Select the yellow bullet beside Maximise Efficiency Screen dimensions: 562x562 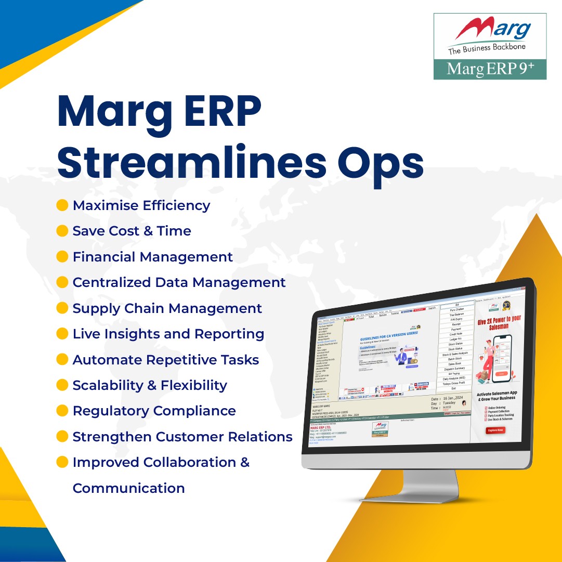click(x=62, y=205)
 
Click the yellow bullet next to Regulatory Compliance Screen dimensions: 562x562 click(x=62, y=411)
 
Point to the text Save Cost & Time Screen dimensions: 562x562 click(x=132, y=231)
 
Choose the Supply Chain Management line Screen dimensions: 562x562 click(x=167, y=308)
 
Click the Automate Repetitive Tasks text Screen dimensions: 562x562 click(x=165, y=360)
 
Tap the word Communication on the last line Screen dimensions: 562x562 click(x=128, y=488)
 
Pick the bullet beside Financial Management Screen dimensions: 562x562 click(x=62, y=257)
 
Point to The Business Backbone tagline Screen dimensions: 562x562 click(x=487, y=47)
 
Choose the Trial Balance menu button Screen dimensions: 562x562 click(x=456, y=315)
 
